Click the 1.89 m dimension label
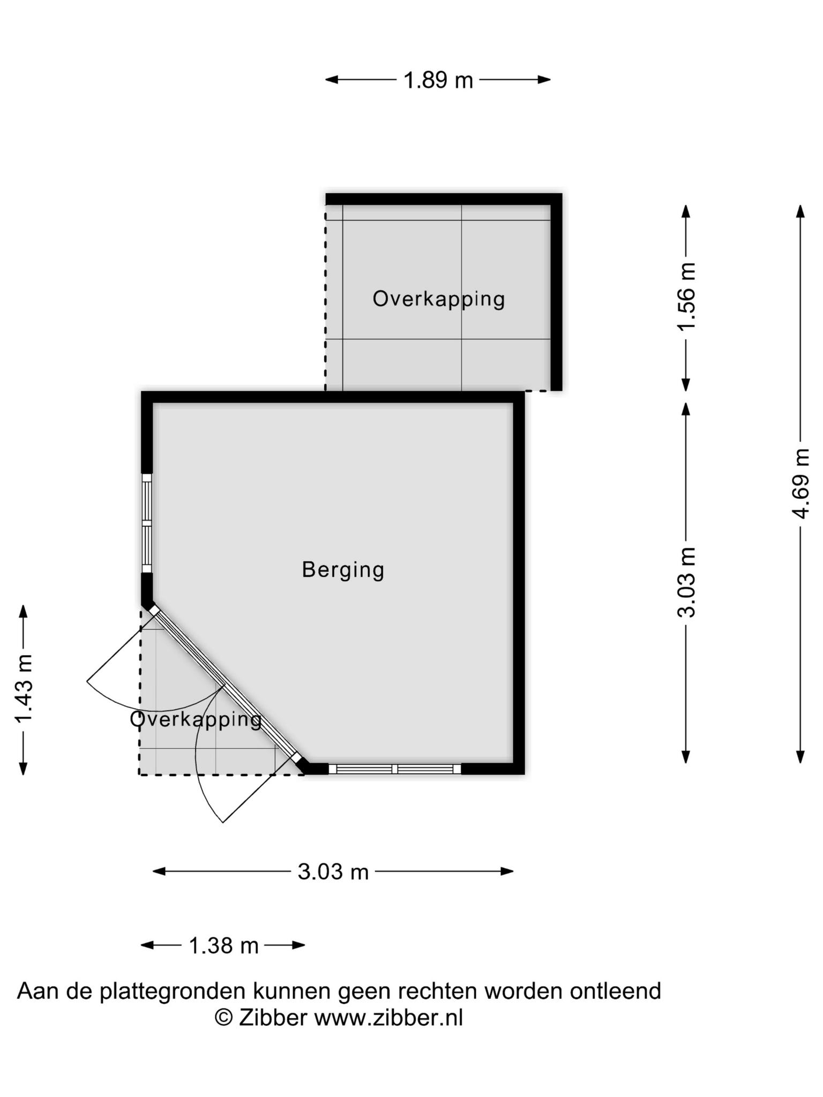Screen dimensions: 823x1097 click(x=438, y=80)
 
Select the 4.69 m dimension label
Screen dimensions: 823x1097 click(x=801, y=483)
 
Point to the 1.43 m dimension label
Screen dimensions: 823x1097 click(x=24, y=689)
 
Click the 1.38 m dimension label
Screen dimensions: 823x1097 click(x=224, y=946)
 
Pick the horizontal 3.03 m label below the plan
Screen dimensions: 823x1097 click(x=333, y=872)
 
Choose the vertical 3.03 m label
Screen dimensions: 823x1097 click(x=686, y=582)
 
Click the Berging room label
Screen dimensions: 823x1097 click(x=343, y=570)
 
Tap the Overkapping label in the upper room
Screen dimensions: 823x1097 click(x=439, y=299)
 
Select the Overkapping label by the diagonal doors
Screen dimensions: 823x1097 click(x=196, y=719)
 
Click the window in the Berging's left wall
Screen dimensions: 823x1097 click(x=147, y=523)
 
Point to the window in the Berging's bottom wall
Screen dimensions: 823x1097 click(x=395, y=769)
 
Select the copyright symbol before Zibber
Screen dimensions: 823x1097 click(x=224, y=1017)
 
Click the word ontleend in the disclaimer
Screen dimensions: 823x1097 click(x=615, y=991)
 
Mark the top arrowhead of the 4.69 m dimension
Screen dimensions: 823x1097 click(x=800, y=211)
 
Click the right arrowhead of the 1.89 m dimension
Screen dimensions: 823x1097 click(x=544, y=80)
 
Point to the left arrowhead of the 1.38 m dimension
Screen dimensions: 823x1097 click(x=147, y=945)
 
